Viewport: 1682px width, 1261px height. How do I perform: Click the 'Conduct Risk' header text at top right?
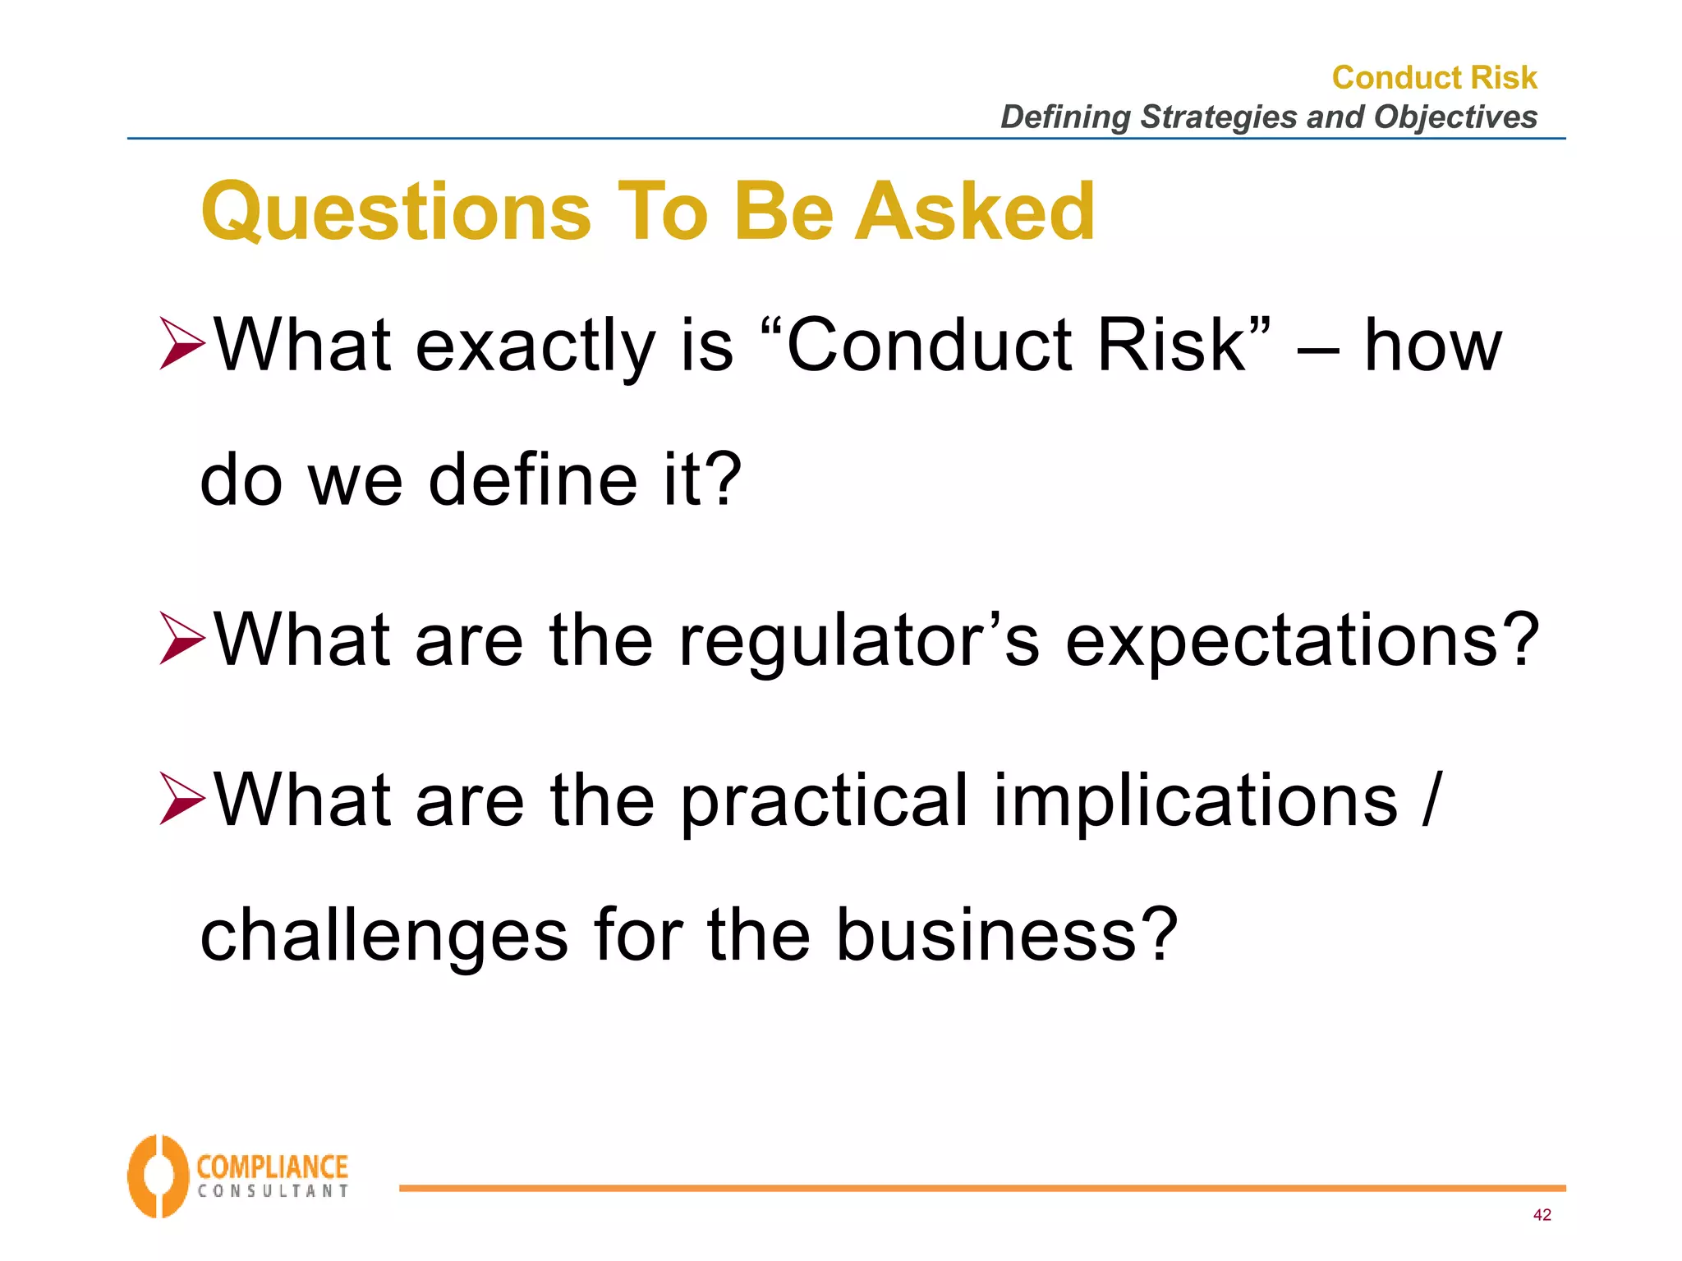tap(1434, 77)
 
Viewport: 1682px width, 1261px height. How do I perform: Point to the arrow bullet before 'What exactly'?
tap(182, 344)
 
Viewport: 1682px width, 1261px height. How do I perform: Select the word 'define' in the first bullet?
tap(533, 479)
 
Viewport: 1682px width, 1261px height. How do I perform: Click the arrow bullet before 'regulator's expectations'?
tap(182, 640)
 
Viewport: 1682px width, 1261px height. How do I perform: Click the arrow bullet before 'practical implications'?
tap(182, 799)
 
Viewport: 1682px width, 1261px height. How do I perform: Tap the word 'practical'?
tap(825, 801)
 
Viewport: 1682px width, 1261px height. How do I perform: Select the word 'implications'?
tap(1195, 801)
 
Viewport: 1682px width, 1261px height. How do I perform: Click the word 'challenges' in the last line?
tap(384, 936)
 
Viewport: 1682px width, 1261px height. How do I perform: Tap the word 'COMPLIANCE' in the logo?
tap(272, 1167)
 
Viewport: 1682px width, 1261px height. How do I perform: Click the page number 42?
tap(1542, 1215)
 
